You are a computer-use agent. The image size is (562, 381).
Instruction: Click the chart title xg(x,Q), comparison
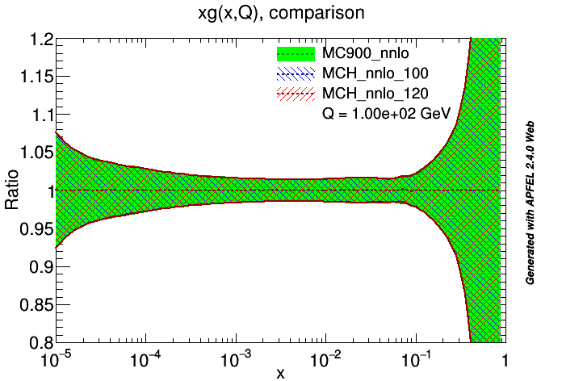tap(280, 14)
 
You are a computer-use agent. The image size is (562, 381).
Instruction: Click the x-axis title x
tap(280, 372)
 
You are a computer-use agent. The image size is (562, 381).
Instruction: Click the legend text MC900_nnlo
tap(363, 54)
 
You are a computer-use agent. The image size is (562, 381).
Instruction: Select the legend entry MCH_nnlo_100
tap(371, 74)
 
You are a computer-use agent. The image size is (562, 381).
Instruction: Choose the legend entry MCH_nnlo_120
tap(371, 94)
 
